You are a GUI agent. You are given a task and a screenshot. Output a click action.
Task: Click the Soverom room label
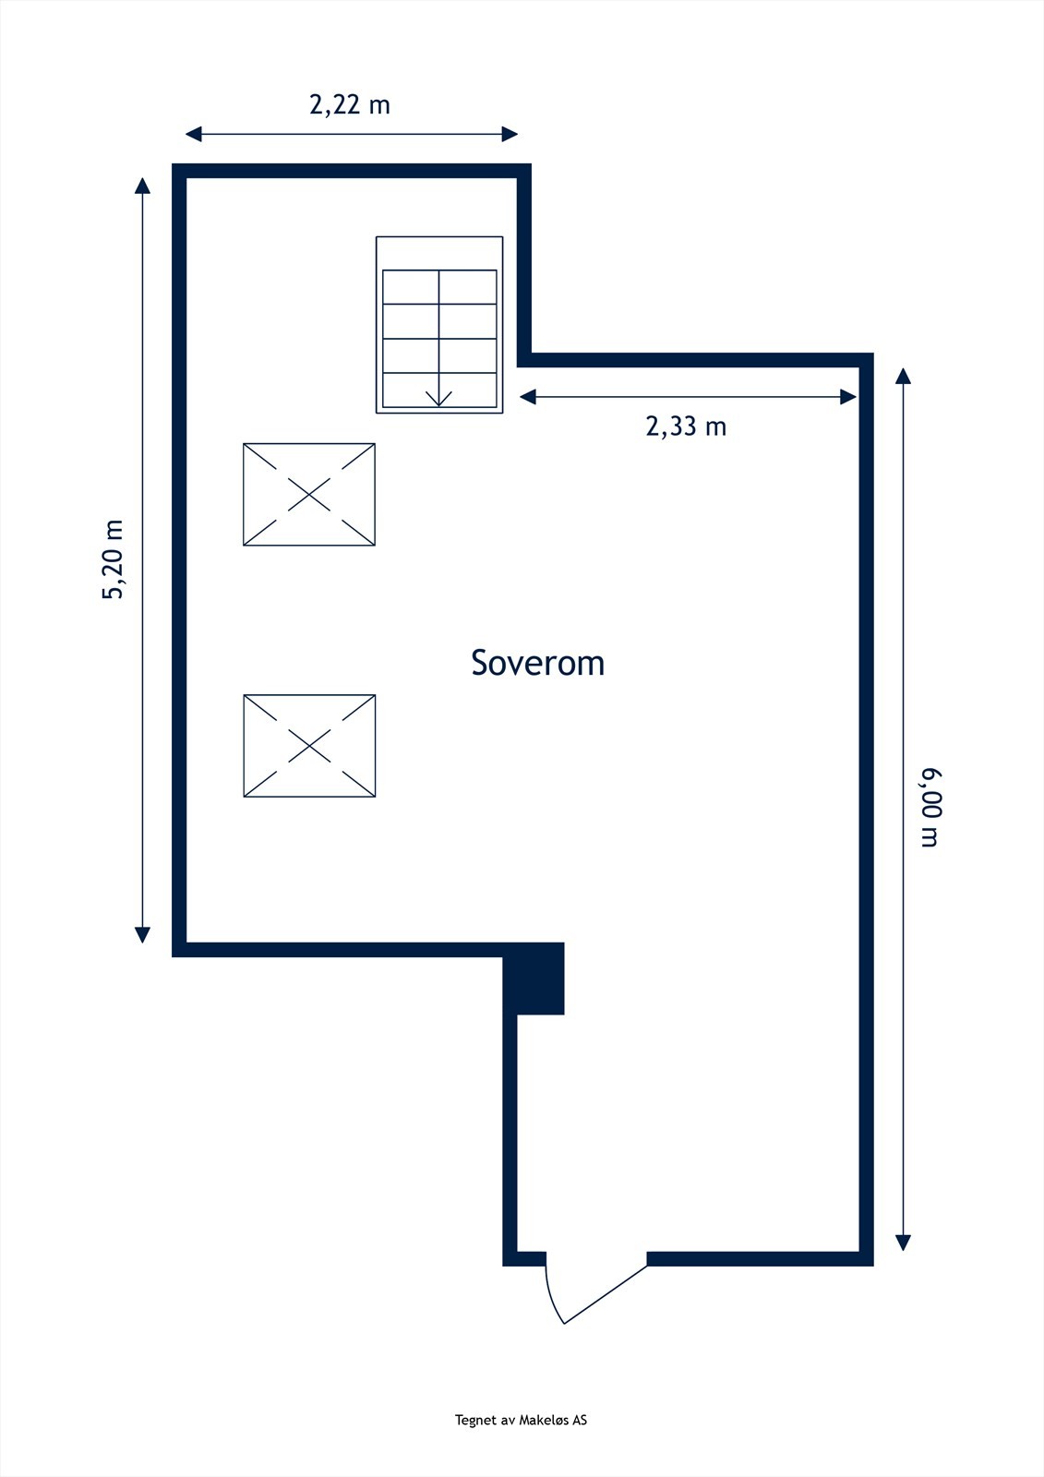click(x=537, y=663)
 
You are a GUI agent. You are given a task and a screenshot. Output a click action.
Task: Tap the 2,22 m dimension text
click(x=350, y=104)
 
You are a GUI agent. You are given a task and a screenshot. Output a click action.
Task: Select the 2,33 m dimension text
click(x=686, y=426)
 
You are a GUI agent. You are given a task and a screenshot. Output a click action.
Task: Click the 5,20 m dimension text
click(x=113, y=559)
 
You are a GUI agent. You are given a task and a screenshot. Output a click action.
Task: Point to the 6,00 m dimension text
click(x=930, y=807)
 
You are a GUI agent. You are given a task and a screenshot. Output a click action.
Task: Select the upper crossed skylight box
click(x=309, y=495)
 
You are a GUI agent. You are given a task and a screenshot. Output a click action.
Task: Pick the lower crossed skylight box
click(x=309, y=746)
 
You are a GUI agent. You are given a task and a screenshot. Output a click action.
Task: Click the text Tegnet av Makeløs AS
click(x=521, y=1420)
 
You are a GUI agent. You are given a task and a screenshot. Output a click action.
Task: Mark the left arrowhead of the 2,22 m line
click(x=193, y=135)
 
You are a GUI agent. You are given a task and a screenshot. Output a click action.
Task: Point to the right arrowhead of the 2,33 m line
click(x=848, y=397)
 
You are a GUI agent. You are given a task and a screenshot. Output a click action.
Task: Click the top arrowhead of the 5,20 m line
click(x=142, y=186)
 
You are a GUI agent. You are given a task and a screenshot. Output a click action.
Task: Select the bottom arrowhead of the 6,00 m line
click(x=903, y=1243)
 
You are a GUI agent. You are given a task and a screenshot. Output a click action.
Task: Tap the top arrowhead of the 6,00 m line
click(x=903, y=376)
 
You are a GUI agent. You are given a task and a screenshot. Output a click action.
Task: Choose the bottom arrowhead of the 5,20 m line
click(x=142, y=934)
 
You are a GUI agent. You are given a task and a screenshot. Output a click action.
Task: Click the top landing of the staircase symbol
click(x=439, y=253)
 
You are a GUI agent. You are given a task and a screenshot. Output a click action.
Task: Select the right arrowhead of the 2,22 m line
click(x=510, y=135)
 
